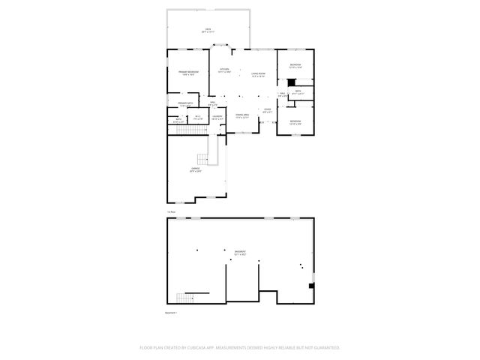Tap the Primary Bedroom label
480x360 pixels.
187,73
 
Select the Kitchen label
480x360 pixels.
223,70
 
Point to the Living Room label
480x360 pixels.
259,73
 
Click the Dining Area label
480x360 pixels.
241,116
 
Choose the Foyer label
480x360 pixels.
266,111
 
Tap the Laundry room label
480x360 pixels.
217,118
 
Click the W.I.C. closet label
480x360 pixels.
197,118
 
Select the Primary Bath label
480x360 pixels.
185,103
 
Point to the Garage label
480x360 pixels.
195,170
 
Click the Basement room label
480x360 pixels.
240,253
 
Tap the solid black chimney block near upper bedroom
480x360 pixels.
291,82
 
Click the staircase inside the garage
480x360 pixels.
202,159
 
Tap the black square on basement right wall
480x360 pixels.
311,285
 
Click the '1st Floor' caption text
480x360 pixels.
172,212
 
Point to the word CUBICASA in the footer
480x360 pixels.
202,348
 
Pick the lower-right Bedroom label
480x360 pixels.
295,122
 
